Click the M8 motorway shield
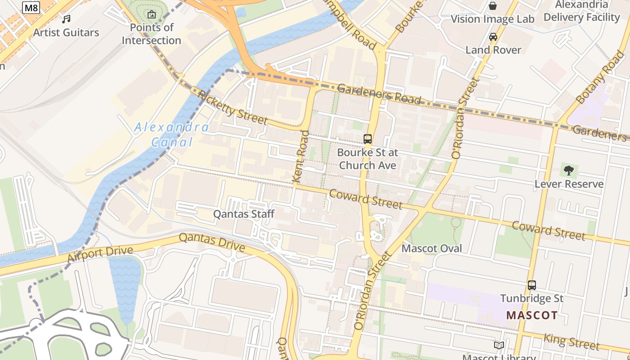(x=31, y=8)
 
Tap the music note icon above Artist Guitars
(x=66, y=19)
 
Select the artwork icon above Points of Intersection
(x=152, y=14)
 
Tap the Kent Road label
(x=301, y=156)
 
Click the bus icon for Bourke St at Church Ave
(x=368, y=139)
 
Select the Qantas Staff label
(x=243, y=214)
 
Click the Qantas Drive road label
(x=212, y=242)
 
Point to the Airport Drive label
(x=100, y=254)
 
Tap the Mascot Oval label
(x=432, y=248)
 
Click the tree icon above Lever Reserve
(x=569, y=171)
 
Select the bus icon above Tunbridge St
(x=532, y=285)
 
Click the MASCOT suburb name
(x=532, y=315)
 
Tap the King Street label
(x=571, y=342)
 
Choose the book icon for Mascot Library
(x=499, y=346)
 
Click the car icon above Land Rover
(x=493, y=37)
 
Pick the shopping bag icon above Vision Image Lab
(x=493, y=6)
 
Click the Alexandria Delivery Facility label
(x=581, y=11)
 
